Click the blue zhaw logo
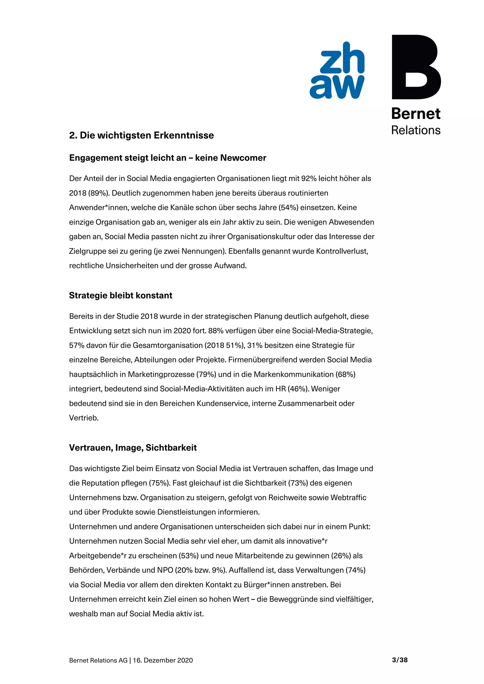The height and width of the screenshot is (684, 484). click(x=337, y=71)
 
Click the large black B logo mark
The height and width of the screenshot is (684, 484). click(x=416, y=67)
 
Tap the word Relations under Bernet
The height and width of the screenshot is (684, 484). click(x=415, y=130)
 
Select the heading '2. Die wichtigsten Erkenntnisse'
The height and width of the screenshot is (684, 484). click(x=141, y=135)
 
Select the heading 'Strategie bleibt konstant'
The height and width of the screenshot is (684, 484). click(x=121, y=295)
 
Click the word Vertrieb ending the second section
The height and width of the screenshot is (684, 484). click(x=83, y=418)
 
